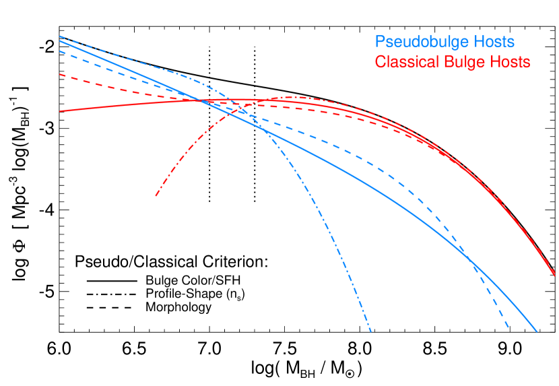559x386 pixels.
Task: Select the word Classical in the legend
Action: point(405,63)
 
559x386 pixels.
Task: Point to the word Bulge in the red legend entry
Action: point(459,63)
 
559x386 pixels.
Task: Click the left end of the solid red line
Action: point(60,111)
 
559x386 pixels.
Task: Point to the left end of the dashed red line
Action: point(60,74)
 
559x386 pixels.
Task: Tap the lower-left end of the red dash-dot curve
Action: point(156,197)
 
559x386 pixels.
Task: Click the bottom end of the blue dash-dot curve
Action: point(371,331)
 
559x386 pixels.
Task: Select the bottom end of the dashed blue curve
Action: point(508,328)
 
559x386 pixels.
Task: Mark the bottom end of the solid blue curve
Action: point(537,331)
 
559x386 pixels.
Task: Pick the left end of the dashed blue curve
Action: point(60,51)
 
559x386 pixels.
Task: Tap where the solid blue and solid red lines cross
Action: point(200,101)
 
